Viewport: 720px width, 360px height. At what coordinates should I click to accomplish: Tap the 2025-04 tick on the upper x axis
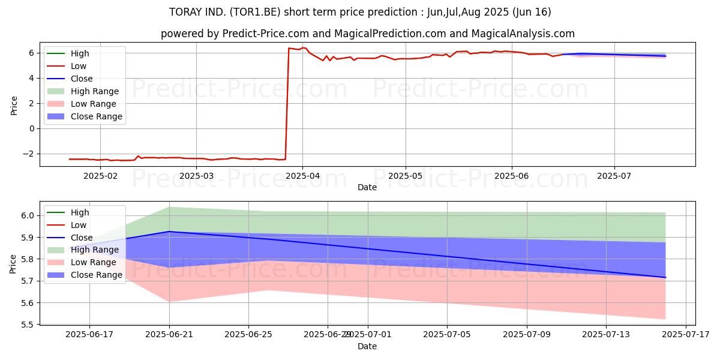pyautogui.click(x=302, y=175)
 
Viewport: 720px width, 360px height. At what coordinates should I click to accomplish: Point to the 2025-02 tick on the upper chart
pyautogui.click(x=100, y=175)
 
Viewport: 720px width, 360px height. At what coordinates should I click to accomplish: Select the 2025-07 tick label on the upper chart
pyautogui.click(x=614, y=175)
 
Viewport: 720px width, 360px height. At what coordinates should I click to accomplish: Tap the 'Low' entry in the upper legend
pyautogui.click(x=79, y=66)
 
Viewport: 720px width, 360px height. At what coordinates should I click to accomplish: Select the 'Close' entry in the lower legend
pyautogui.click(x=82, y=238)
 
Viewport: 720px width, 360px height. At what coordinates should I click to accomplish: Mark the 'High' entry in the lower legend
pyautogui.click(x=80, y=212)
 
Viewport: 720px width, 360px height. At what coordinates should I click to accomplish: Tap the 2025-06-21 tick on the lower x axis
pyautogui.click(x=169, y=335)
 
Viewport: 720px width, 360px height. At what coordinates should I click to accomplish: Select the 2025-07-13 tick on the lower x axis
pyautogui.click(x=606, y=335)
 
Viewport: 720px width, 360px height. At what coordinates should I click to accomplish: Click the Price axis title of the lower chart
pyautogui.click(x=13, y=263)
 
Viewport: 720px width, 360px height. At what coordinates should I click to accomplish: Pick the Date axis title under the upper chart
pyautogui.click(x=367, y=187)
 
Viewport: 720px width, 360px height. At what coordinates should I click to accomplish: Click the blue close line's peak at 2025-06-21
pyautogui.click(x=169, y=232)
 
